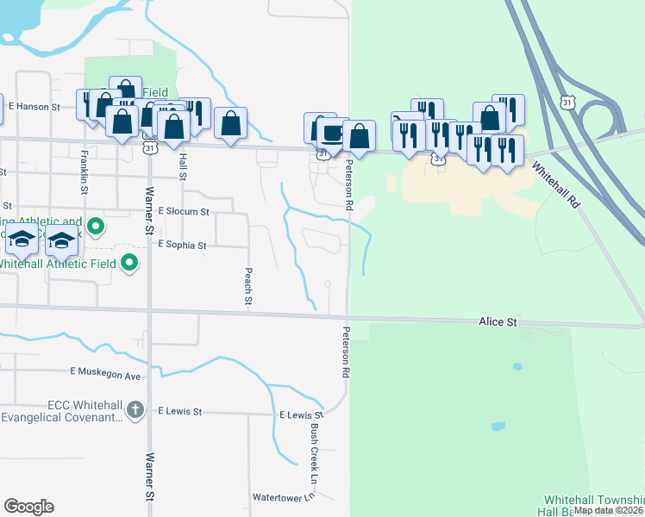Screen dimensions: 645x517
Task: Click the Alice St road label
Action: (x=498, y=321)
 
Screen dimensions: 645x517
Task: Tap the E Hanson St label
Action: (x=34, y=107)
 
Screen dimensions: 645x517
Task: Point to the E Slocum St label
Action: (x=183, y=211)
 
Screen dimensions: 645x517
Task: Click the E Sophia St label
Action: (x=181, y=246)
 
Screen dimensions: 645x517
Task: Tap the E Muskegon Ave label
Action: (x=105, y=376)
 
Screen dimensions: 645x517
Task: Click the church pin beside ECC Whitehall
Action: (x=135, y=411)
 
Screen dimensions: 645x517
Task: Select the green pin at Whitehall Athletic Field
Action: (x=129, y=263)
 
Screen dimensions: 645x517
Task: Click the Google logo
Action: (x=28, y=507)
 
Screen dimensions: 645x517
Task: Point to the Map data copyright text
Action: (x=609, y=510)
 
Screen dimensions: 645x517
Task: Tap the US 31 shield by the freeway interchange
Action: (x=567, y=103)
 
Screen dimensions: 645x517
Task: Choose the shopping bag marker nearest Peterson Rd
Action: (x=359, y=136)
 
